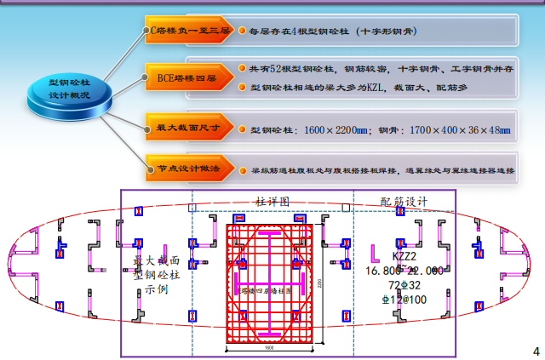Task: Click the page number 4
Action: click(x=536, y=351)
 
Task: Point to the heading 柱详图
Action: click(x=272, y=203)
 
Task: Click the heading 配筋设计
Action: click(x=404, y=202)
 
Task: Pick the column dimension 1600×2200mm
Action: click(x=320, y=130)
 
